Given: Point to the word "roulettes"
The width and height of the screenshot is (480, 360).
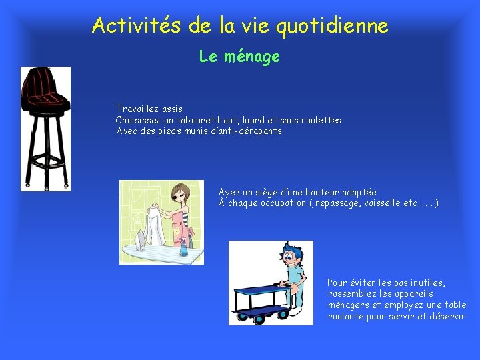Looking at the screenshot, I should click(x=320, y=121).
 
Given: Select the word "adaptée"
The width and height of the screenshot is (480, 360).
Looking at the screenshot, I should click(x=354, y=193).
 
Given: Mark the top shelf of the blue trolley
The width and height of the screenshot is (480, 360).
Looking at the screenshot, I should click(x=259, y=290).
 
